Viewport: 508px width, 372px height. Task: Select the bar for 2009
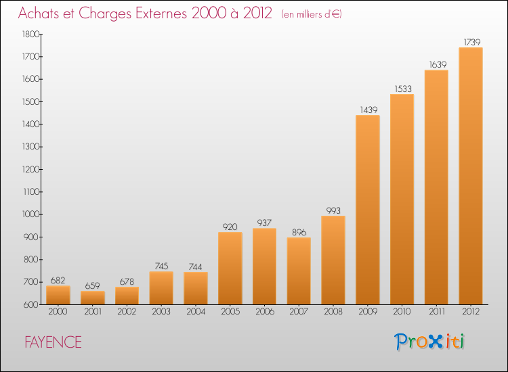tap(368, 210)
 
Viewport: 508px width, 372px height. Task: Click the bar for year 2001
tap(93, 298)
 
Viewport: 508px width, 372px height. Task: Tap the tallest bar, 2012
tap(471, 176)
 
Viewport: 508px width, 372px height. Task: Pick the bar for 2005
tap(230, 268)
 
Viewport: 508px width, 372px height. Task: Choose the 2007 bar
tap(299, 271)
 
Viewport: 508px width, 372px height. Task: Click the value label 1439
tap(368, 110)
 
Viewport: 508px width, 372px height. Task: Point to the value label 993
tap(333, 210)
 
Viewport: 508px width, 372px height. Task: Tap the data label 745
tap(161, 266)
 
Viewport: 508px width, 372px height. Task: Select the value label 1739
tap(472, 43)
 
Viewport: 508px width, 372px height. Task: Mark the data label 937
tap(264, 223)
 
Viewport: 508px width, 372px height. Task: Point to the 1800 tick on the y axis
tap(30, 34)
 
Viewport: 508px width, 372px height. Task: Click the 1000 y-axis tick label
tap(30, 214)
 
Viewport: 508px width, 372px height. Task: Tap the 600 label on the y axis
tap(31, 305)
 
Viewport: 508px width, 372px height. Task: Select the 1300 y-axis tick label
tap(30, 147)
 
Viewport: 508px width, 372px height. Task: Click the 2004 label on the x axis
tap(196, 312)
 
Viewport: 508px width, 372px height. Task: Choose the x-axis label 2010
tap(402, 312)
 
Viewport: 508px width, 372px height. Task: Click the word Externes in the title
tap(161, 14)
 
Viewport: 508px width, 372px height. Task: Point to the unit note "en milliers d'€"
tap(312, 14)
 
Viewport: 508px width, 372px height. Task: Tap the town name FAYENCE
tap(53, 342)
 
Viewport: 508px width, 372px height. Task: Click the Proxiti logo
tap(429, 342)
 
